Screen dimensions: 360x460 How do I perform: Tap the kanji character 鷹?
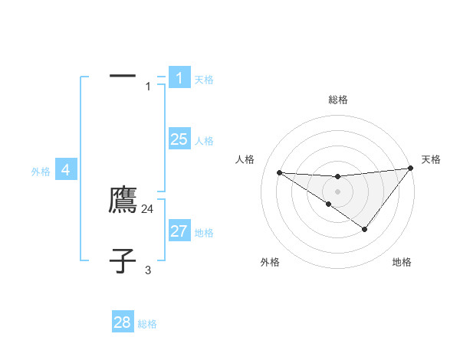point(123,200)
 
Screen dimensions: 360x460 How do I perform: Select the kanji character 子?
point(123,260)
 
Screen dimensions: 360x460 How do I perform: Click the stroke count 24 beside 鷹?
point(148,208)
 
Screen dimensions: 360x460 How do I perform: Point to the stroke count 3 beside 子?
point(148,270)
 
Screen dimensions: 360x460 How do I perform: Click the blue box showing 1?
point(179,77)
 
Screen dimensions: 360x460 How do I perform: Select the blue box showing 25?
point(179,139)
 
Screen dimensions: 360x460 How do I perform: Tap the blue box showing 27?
point(179,231)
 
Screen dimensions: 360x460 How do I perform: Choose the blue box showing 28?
point(123,322)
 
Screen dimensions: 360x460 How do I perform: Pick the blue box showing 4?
point(66,170)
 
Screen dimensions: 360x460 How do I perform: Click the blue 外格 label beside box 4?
point(41,172)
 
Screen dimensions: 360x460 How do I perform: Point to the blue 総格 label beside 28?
point(147,324)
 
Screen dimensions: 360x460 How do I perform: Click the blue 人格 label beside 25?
point(204,141)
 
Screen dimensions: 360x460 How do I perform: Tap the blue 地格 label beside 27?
point(204,233)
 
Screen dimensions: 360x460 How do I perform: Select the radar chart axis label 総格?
point(337,100)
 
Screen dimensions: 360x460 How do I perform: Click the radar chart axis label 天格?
point(431,159)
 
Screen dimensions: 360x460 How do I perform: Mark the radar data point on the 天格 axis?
point(410,168)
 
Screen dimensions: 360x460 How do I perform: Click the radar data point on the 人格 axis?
point(279,172)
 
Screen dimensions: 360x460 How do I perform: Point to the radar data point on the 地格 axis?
point(365,229)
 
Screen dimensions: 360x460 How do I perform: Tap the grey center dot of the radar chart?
point(337,191)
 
